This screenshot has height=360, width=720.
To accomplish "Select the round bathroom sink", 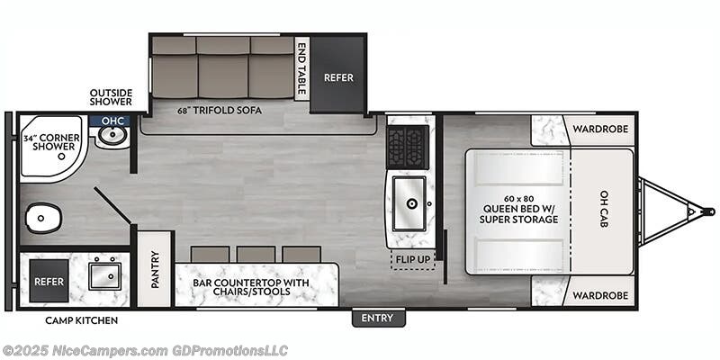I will [x=112, y=137].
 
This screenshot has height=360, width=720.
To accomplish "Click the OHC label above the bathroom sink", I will [x=112, y=121].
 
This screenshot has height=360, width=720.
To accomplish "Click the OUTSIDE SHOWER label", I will [x=111, y=96].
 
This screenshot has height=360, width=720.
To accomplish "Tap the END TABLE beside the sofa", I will [x=302, y=67].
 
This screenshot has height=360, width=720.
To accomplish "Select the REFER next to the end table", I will [x=337, y=77].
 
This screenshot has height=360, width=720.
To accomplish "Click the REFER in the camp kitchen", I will [x=48, y=282].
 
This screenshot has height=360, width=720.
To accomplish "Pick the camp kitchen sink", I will [x=104, y=273].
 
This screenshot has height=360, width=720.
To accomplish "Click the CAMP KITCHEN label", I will [x=81, y=320].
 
